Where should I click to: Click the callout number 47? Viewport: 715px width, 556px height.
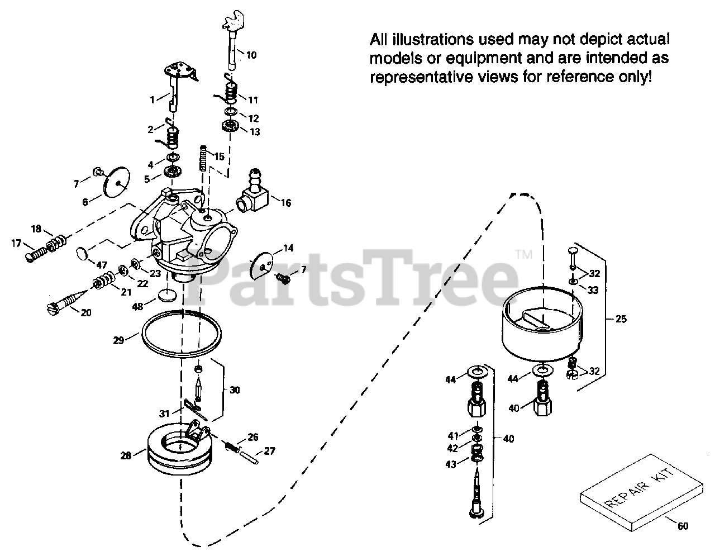click(102, 264)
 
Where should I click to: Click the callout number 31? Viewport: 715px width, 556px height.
click(164, 414)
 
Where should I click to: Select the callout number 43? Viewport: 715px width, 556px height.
click(451, 464)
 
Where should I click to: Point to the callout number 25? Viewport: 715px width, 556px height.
click(621, 319)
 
